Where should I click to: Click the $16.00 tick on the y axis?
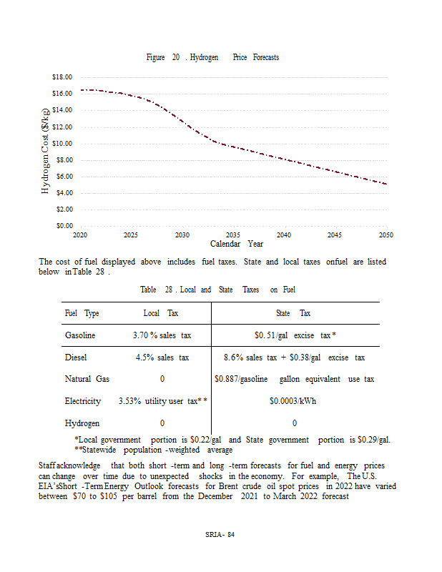pos(62,94)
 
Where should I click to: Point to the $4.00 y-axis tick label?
pos(62,193)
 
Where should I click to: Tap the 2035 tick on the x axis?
pos(233,235)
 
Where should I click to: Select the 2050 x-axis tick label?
pos(386,235)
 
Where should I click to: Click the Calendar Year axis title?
pos(236,244)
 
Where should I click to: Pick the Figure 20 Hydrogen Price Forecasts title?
pos(212,57)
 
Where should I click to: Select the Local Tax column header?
pos(161,314)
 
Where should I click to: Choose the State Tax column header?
pos(293,314)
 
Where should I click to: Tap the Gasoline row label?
pos(80,335)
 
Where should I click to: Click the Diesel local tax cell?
pos(162,357)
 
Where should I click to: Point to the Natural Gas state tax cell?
pos(294,379)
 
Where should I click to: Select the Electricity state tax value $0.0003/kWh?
pos(293,401)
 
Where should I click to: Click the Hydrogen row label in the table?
pos(82,423)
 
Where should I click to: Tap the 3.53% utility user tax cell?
pos(162,401)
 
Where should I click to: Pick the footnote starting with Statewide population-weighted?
pos(153,450)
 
